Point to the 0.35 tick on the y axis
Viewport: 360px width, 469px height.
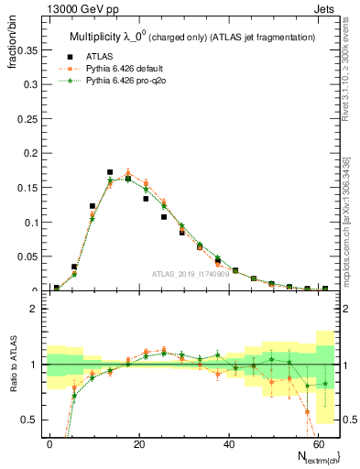pos(25,51)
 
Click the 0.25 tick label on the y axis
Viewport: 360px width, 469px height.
pos(25,119)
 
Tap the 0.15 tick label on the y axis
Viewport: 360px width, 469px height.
pos(25,188)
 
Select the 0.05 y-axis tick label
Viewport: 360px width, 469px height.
pos(25,256)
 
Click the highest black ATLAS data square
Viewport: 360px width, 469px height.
pos(110,172)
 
